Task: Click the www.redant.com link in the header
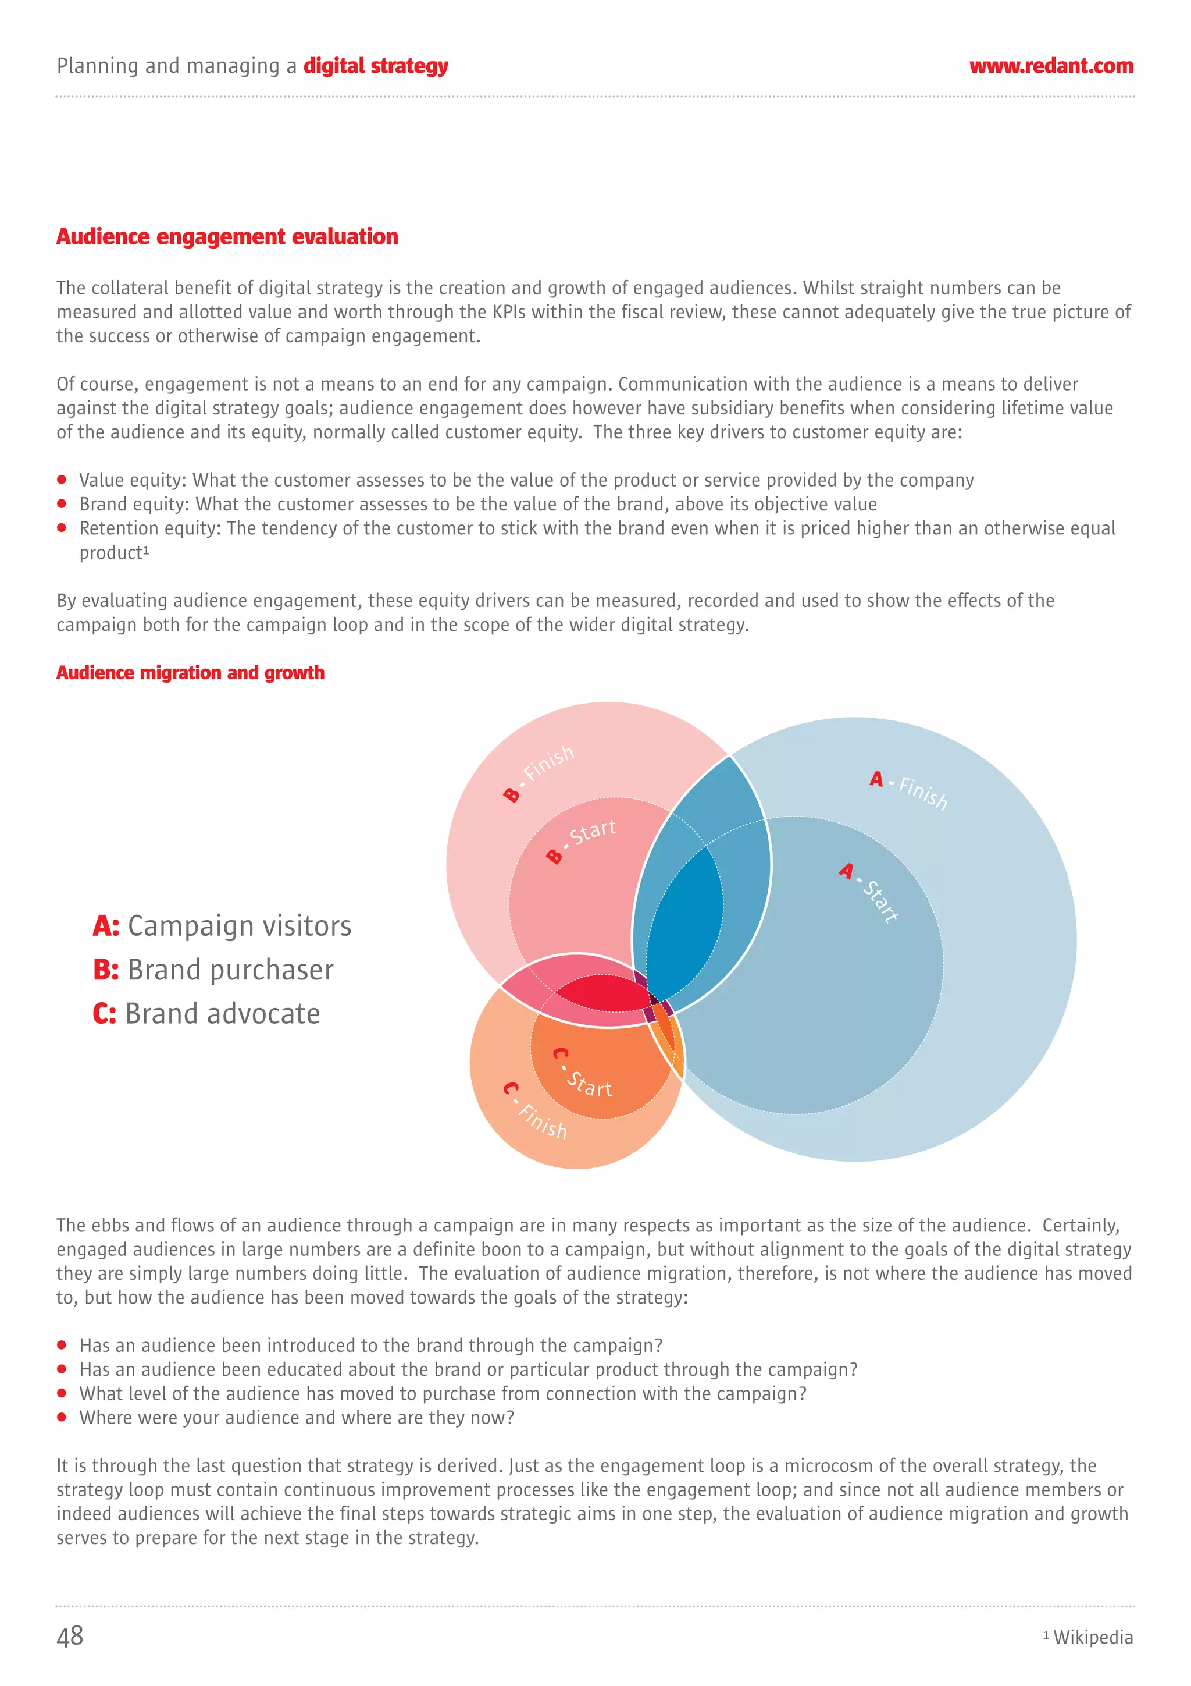1051,66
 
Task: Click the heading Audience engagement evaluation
227,236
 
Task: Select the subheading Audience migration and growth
190,673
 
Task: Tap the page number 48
70,1636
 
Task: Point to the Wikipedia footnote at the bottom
1092,1638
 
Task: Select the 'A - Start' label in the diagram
869,892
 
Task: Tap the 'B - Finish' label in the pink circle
539,773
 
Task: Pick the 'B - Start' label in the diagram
581,841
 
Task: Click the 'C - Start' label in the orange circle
583,1074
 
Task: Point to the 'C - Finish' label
535,1110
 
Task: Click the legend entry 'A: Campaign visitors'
222,926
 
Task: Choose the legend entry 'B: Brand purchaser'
213,970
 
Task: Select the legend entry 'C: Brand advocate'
206,1014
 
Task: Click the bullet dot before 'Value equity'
62,480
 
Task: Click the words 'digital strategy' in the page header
376,66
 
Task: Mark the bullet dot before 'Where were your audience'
62,1417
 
